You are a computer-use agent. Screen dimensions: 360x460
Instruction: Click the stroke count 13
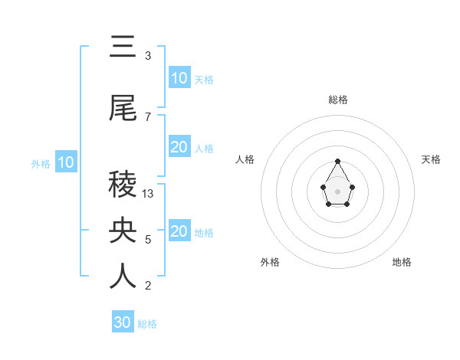pos(148,194)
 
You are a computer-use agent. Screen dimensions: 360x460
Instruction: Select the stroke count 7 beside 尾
pos(148,116)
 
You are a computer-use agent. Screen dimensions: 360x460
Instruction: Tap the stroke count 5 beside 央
pos(148,240)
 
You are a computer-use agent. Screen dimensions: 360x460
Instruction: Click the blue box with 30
pos(123,322)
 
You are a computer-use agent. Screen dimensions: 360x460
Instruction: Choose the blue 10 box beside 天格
pos(179,78)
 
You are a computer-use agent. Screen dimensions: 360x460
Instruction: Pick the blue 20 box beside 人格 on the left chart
pos(179,147)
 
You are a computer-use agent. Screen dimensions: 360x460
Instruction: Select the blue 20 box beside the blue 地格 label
pos(179,231)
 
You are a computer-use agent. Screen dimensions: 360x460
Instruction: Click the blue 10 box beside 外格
pos(66,162)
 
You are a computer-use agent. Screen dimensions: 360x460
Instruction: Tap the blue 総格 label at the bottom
pos(147,324)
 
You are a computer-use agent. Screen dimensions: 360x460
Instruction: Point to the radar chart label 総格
pos(338,100)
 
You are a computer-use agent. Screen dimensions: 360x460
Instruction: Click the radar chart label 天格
pos(431,159)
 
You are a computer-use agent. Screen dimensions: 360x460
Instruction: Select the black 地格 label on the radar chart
pos(402,262)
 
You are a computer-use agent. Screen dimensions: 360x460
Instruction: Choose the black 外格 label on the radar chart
pos(270,262)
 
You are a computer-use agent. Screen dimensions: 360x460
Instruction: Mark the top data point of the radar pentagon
pos(338,161)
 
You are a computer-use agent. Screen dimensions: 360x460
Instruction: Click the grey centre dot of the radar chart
pos(338,191)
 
